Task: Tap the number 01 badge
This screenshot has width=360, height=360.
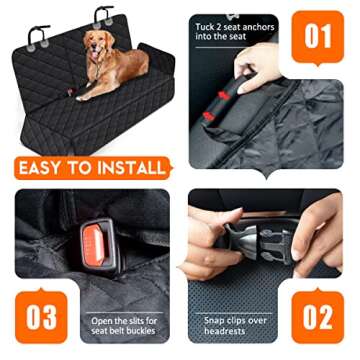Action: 318,37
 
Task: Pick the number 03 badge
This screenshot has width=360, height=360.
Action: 42,315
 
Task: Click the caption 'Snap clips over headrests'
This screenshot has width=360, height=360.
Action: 236,325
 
